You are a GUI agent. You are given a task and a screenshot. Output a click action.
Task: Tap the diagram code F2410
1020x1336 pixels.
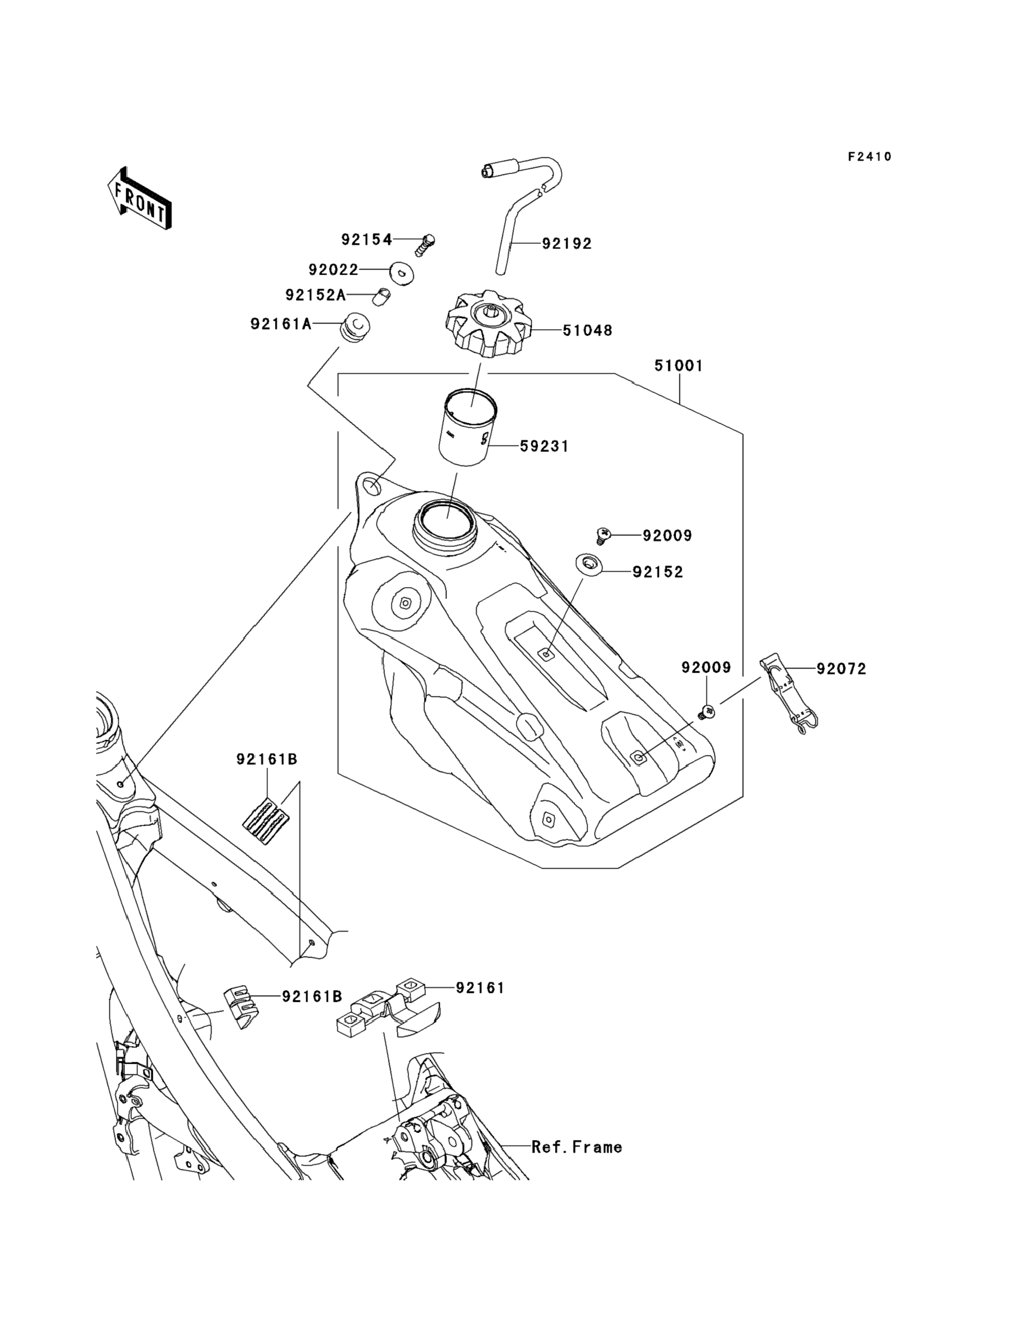pyautogui.click(x=870, y=157)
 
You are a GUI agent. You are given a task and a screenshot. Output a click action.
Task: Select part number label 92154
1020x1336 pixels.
pyautogui.click(x=367, y=240)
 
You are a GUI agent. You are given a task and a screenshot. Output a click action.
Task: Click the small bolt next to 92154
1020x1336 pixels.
pyautogui.click(x=427, y=244)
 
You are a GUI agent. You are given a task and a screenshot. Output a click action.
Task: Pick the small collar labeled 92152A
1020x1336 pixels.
pyautogui.click(x=381, y=297)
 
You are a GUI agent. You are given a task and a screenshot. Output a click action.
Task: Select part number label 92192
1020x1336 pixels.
pyautogui.click(x=566, y=244)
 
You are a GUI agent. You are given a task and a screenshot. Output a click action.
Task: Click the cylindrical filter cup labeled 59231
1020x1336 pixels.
pyautogui.click(x=467, y=428)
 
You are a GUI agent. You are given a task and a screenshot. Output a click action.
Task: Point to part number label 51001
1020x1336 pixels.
pyautogui.click(x=679, y=366)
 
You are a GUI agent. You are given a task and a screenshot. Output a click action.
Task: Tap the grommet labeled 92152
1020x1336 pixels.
pyautogui.click(x=589, y=563)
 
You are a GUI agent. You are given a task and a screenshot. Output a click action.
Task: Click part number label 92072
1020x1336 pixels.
pyautogui.click(x=841, y=669)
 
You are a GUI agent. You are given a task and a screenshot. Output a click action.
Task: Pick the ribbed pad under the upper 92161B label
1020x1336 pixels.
pyautogui.click(x=266, y=820)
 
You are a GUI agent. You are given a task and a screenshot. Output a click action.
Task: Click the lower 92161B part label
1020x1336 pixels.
pyautogui.click(x=312, y=996)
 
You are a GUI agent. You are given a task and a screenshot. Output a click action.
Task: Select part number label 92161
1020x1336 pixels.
pyautogui.click(x=480, y=988)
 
